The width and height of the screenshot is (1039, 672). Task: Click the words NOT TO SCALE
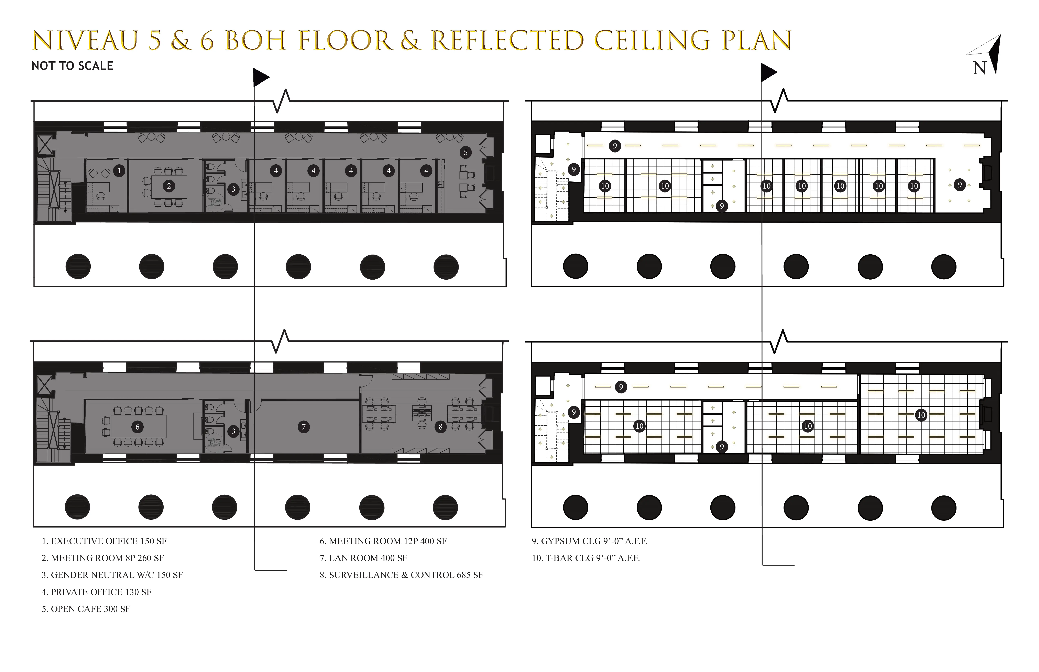click(x=73, y=66)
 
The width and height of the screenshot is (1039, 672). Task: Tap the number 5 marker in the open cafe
click(x=465, y=152)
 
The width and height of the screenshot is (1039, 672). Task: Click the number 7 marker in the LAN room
click(x=303, y=427)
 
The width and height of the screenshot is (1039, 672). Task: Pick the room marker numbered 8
click(x=440, y=427)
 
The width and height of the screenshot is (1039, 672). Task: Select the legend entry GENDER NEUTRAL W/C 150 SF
click(x=112, y=575)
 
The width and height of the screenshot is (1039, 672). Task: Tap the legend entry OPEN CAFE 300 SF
click(x=86, y=609)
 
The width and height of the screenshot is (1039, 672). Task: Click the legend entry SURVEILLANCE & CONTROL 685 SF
click(x=401, y=575)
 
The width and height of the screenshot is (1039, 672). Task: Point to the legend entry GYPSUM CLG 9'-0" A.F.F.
click(x=589, y=541)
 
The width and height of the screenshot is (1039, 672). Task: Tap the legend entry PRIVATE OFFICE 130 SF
click(x=97, y=592)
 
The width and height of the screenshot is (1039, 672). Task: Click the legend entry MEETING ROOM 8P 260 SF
click(x=103, y=558)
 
